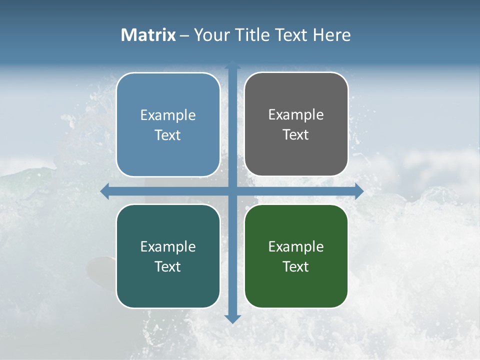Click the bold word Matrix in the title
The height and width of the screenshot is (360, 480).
pos(148,35)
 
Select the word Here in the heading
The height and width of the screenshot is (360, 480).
pos(331,35)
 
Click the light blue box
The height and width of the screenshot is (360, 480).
pos(168,125)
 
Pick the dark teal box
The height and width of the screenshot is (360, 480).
pos(168,256)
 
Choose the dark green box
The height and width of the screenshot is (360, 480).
pos(296,256)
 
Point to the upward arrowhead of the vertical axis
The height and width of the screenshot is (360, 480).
pos(232,64)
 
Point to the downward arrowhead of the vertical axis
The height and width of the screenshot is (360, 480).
pos(232,318)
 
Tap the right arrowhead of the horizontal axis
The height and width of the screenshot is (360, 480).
pos(359,191)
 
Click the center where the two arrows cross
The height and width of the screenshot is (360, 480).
pos(232,191)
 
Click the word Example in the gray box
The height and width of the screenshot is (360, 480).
pos(296,114)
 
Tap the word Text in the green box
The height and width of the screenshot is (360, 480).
pos(296,266)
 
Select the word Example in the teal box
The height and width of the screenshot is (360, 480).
pos(168,246)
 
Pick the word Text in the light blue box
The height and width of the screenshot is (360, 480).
pos(168,135)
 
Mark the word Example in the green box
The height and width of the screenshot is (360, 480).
pos(296,246)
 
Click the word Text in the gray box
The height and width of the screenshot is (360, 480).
pos(296,134)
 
